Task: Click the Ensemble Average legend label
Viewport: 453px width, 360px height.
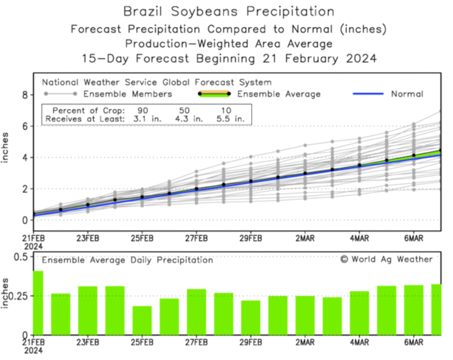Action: pos(279,94)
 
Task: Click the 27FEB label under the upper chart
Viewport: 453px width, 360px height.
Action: pos(196,238)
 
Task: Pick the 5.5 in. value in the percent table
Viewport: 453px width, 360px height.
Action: pos(235,118)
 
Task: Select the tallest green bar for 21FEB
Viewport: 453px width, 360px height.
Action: pos(38,302)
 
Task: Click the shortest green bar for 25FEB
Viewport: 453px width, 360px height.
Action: pos(142,320)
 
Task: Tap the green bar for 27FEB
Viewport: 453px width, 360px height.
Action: pos(196,312)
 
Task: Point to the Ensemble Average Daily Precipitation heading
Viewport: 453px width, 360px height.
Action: pos(128,260)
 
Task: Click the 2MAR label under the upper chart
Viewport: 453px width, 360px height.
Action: pos(305,238)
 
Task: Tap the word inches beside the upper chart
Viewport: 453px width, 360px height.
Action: pos(7,147)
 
